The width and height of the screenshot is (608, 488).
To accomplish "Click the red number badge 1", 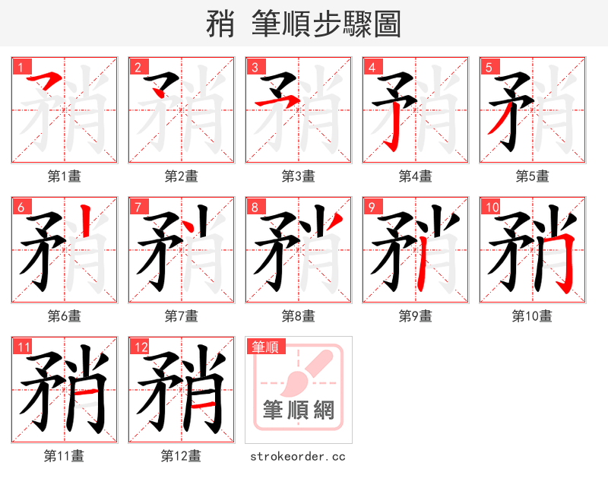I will (x=19, y=67).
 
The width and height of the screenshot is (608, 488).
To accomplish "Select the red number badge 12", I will (x=138, y=347).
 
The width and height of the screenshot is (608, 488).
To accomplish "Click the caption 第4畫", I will (x=415, y=176).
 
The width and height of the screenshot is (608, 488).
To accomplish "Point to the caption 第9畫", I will (x=415, y=315).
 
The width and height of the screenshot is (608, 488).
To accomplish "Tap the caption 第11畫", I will (x=64, y=456).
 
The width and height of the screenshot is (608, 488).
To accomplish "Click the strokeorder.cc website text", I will (x=298, y=456).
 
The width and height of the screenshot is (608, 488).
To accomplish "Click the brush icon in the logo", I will (x=308, y=372).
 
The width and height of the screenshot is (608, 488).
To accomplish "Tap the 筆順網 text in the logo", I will (x=298, y=410).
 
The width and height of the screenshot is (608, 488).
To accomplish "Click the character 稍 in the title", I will (x=220, y=24).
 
